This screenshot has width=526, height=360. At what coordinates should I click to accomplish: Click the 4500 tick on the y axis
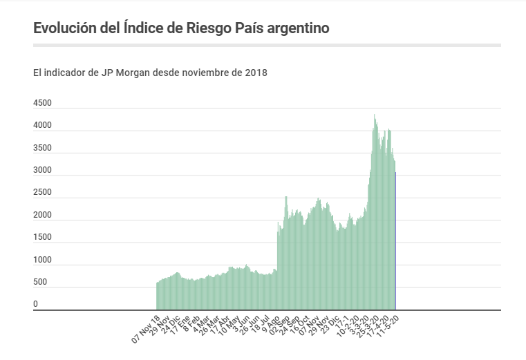pyautogui.click(x=42, y=103)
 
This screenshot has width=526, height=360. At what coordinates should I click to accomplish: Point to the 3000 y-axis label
pyautogui.click(x=42, y=170)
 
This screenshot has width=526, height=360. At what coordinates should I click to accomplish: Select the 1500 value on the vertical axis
pyautogui.click(x=42, y=237)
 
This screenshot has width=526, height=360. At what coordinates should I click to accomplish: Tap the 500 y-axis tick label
pyautogui.click(x=40, y=282)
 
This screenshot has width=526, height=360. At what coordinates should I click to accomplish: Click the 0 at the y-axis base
pyautogui.click(x=35, y=304)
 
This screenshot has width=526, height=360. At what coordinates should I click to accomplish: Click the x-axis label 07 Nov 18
pyautogui.click(x=147, y=330)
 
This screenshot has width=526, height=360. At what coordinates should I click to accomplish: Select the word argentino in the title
pyautogui.click(x=297, y=28)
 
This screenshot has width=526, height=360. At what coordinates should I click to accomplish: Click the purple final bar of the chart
pyautogui.click(x=395, y=242)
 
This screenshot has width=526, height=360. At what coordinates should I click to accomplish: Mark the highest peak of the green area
pyautogui.click(x=375, y=116)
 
